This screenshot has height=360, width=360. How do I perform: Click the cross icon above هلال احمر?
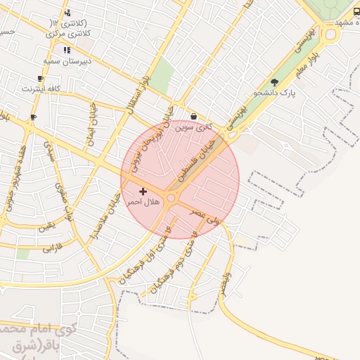point(143,191)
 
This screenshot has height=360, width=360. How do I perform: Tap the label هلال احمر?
point(143,202)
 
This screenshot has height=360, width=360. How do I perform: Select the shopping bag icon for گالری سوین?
point(193,117)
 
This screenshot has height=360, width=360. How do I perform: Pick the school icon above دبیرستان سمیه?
point(67,50)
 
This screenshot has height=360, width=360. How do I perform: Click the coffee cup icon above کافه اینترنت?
point(40,78)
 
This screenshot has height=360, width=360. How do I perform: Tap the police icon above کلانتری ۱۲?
point(67,13)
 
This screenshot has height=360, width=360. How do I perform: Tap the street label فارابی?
point(53,248)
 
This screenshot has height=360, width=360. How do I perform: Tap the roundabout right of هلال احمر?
point(171,198)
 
